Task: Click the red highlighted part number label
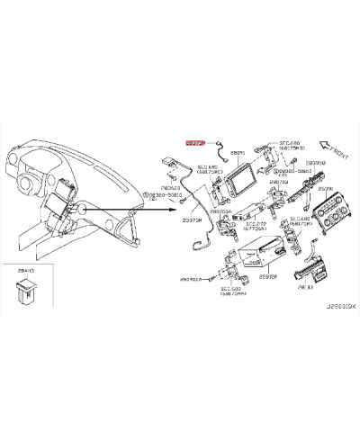[x=195, y=142]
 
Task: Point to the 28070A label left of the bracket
[x=220, y=211]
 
